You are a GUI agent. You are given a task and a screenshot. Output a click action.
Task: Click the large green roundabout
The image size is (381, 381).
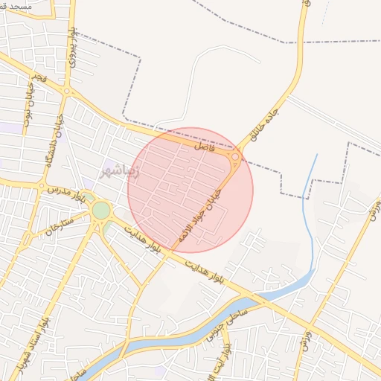100,211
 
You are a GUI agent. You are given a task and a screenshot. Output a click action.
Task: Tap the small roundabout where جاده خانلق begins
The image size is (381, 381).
235,157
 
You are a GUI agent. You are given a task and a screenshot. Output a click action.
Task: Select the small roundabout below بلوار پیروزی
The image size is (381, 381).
67,92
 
